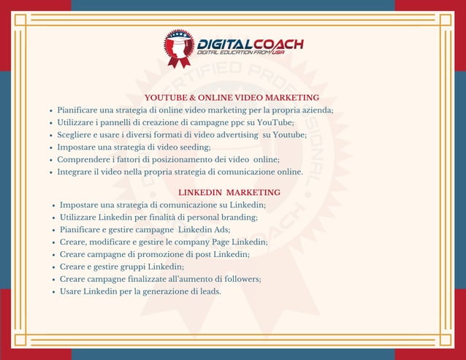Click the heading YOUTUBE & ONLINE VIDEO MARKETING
pos(232,97)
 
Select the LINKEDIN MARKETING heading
pos(229,192)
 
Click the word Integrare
pos(76,172)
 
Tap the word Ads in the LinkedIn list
pos(223,229)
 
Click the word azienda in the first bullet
pos(316,110)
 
